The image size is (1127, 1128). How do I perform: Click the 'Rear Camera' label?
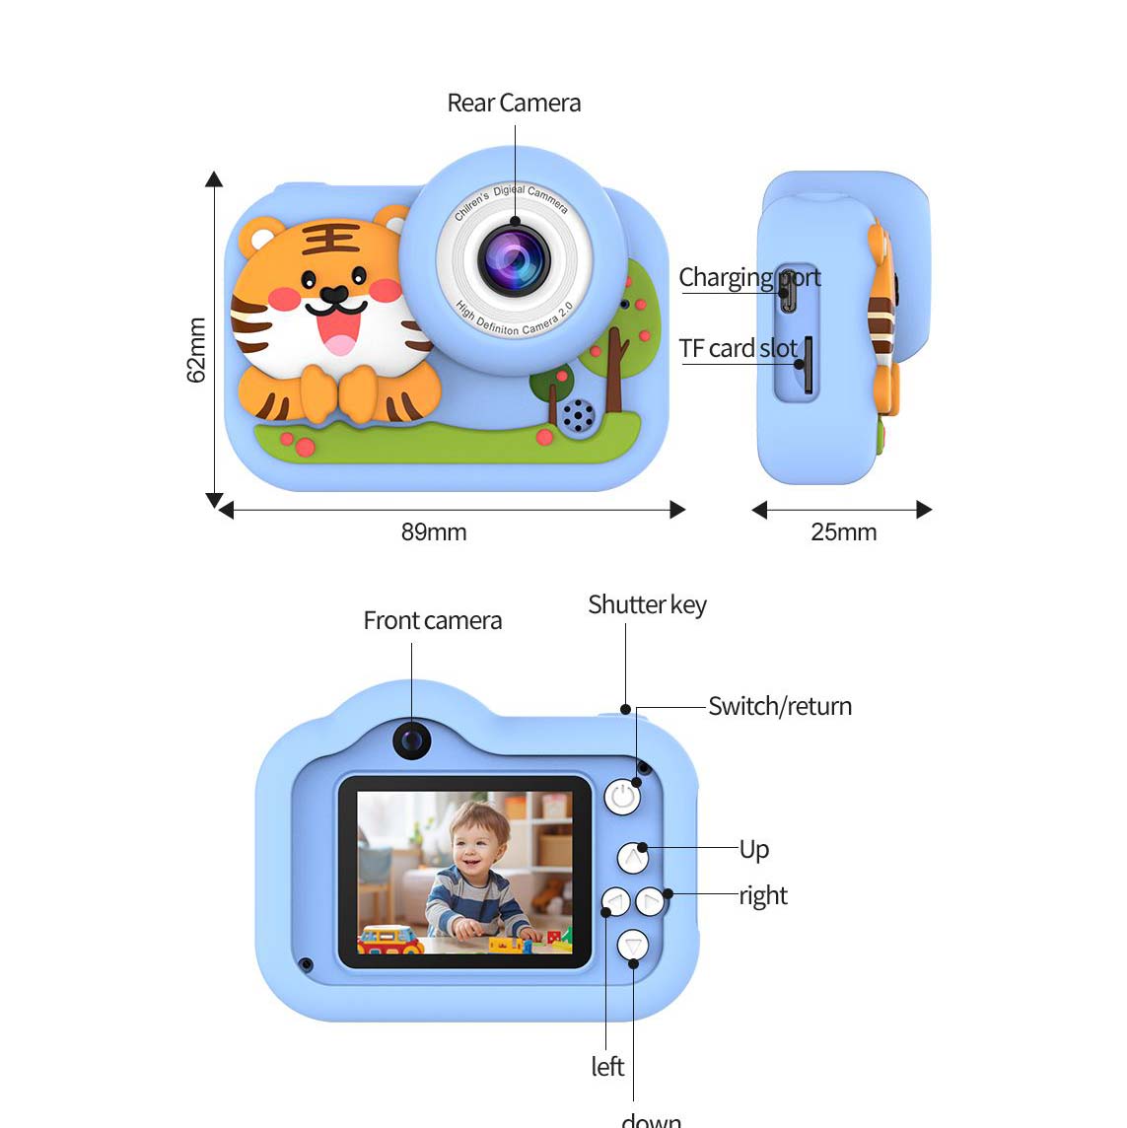514,104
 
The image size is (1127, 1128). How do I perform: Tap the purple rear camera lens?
514,260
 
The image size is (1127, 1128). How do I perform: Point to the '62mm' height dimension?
197,350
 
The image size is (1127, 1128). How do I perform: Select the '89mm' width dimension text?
434,532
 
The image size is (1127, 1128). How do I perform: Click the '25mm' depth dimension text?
843,532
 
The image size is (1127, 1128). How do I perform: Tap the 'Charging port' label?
749,278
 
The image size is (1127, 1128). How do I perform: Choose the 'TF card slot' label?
738,349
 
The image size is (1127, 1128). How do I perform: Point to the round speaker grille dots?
578,415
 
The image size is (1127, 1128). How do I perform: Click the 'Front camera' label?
432,621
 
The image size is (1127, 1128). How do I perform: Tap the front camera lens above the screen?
412,740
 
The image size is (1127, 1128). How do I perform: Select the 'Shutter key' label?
647,605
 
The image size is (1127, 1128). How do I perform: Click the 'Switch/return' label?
780,707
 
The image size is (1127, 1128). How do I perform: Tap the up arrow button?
633,858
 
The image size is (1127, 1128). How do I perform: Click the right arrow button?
651,901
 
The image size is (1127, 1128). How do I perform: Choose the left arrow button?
616,901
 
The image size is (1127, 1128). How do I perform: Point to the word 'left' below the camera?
607,1067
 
